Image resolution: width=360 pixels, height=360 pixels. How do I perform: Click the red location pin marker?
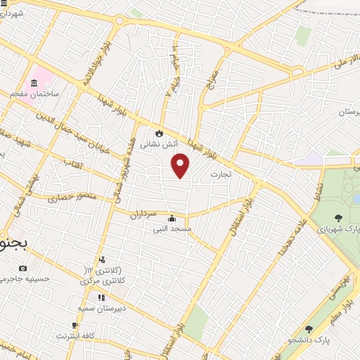pos(181,167)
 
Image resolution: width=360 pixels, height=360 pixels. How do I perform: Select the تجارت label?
pos(220,172)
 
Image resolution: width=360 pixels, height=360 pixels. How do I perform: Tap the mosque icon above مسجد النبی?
pos(172,217)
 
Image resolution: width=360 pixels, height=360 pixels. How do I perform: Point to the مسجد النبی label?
pos(172,228)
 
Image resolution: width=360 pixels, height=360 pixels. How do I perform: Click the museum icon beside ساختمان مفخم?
pos(34,82)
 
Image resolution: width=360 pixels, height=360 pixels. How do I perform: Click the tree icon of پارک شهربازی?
pos(338,218)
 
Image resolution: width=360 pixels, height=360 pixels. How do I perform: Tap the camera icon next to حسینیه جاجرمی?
pos(23,268)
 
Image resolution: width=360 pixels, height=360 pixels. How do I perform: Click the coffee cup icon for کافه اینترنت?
pos(75,325)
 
